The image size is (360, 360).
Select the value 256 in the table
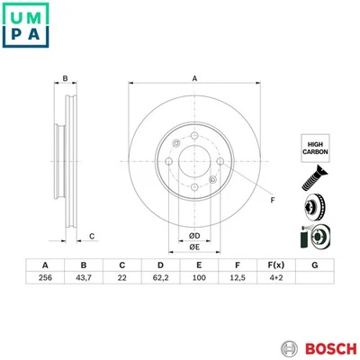coord(45,280)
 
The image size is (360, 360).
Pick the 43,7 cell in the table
coord(84,280)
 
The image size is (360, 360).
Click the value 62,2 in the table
coord(160,280)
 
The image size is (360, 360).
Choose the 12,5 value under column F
coord(236,280)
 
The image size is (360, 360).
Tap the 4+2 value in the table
coord(274,280)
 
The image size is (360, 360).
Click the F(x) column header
coord(274,265)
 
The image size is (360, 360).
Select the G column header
coord(313,265)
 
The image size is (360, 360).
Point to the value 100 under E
coord(198,280)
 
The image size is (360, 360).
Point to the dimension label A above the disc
coord(193,78)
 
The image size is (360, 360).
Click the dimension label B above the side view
coord(65,78)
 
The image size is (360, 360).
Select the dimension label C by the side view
coord(93,236)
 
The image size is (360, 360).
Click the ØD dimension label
coord(193,236)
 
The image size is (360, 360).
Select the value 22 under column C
coord(121,280)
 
